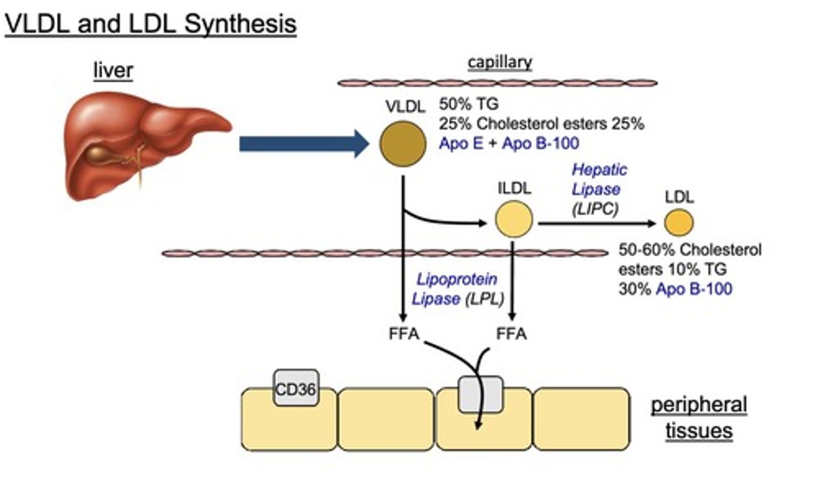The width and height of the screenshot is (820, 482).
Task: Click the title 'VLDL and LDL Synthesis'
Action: point(150,24)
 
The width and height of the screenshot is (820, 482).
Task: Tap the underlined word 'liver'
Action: point(113,70)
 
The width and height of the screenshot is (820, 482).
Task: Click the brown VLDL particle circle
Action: point(403,144)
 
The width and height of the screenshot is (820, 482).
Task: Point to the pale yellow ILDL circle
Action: point(514,220)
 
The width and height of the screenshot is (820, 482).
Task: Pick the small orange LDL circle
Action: point(679,222)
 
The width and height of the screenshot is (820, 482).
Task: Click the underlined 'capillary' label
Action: point(499,62)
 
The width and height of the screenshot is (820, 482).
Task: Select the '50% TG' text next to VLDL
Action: point(468,104)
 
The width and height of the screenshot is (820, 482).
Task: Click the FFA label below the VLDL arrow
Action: point(404,333)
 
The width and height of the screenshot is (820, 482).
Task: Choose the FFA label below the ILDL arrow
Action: point(511,333)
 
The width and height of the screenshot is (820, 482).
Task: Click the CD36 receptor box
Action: point(296,389)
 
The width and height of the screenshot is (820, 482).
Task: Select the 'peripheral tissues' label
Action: point(699,417)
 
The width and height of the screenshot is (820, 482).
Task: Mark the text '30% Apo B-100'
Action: point(675,289)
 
